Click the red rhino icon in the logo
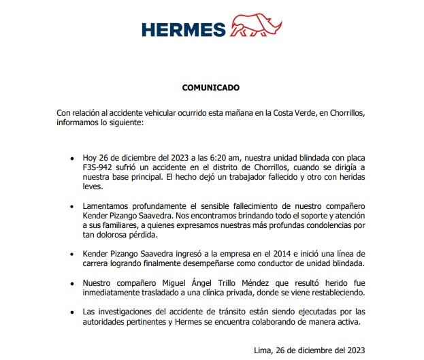click(257, 28)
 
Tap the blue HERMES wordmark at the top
click(184, 29)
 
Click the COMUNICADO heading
click(211, 88)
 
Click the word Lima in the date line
click(262, 350)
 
